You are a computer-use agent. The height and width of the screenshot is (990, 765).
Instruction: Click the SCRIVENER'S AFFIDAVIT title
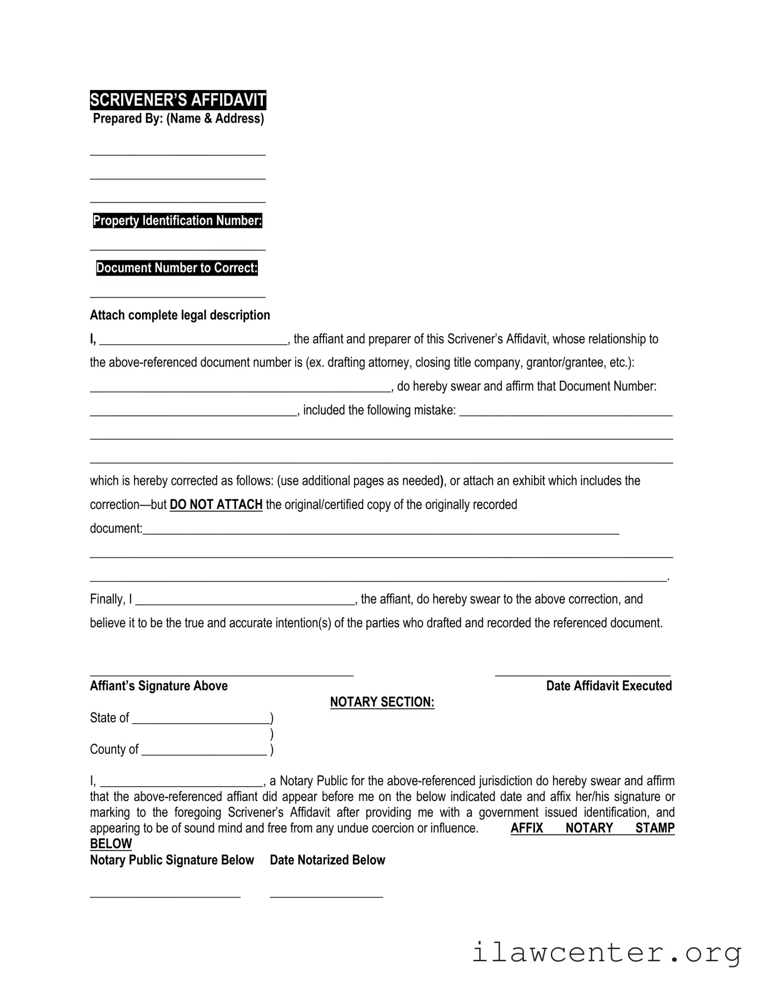[x=178, y=100]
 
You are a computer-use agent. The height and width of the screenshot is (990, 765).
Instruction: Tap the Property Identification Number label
[x=177, y=221]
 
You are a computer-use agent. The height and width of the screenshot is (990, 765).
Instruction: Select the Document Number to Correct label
[x=177, y=268]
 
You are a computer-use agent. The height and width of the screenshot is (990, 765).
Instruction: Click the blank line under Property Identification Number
[x=178, y=249]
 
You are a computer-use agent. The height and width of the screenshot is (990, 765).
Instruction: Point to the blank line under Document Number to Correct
[x=178, y=296]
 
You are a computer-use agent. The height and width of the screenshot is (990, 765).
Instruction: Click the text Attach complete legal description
[x=180, y=315]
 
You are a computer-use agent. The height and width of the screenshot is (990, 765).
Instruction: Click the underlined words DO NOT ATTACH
[x=216, y=505]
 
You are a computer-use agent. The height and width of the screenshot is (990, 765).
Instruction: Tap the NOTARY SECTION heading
[x=382, y=702]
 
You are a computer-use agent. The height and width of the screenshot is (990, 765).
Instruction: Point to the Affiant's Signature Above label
[x=159, y=686]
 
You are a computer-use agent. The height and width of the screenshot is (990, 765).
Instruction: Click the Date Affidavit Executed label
[x=608, y=686]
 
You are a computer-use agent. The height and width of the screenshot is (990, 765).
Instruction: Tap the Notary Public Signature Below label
[x=172, y=860]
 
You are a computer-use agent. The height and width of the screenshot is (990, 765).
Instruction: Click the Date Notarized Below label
[x=327, y=860]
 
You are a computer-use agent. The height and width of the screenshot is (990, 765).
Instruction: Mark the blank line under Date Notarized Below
[x=326, y=896]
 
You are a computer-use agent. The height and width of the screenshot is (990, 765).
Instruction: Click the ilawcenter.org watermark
[x=606, y=953]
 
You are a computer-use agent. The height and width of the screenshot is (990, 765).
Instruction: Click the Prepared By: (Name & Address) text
[x=178, y=119]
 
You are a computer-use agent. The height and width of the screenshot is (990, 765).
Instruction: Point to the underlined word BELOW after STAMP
[x=111, y=844]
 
